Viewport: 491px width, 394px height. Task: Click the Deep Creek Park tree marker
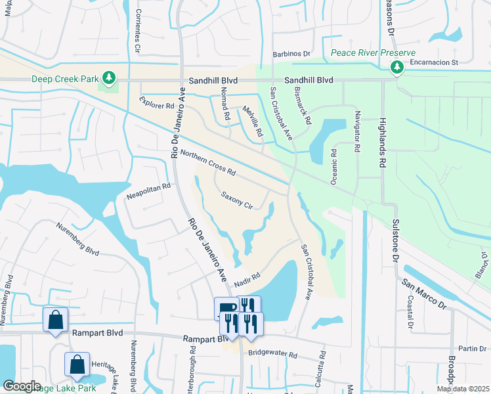click(108, 79)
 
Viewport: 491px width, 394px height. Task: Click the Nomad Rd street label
click(224, 106)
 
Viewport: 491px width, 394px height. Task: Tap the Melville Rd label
click(253, 121)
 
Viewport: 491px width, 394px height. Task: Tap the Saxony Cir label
click(237, 200)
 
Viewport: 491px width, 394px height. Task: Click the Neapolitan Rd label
click(148, 191)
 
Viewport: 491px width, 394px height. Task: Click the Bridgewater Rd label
click(272, 354)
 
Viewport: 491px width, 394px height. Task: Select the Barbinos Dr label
click(291, 55)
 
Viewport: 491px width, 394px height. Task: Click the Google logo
click(22, 386)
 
